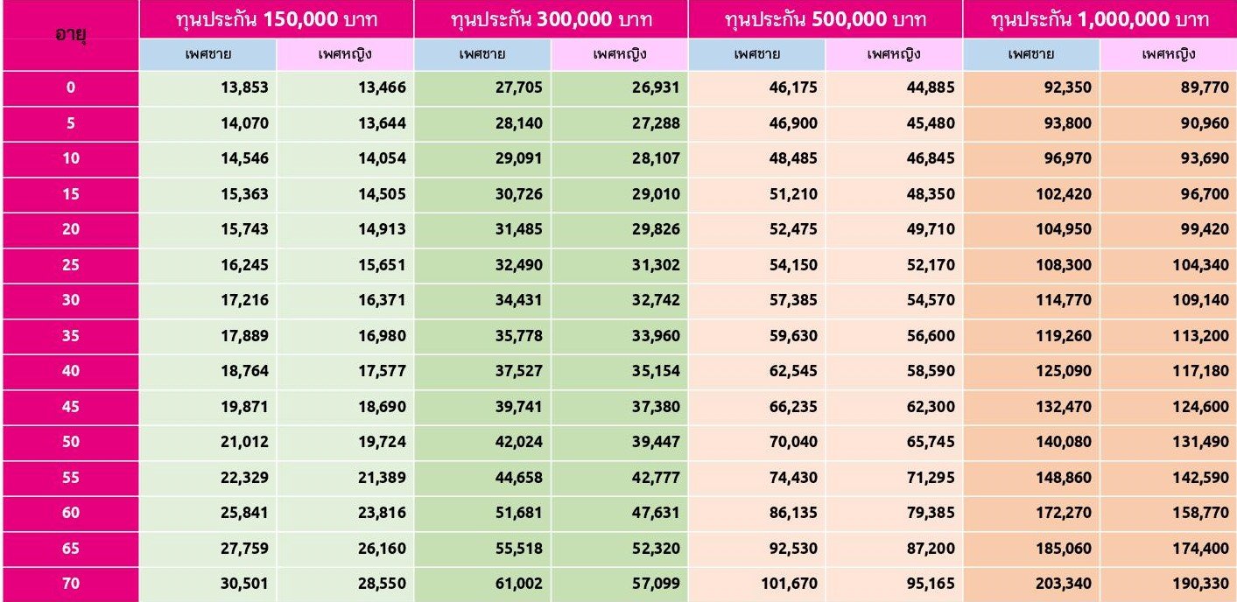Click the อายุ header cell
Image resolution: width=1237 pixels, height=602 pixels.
[69, 36]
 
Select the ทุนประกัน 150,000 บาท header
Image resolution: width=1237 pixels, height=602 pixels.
[276, 19]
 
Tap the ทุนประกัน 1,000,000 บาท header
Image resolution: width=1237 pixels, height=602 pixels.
[1100, 19]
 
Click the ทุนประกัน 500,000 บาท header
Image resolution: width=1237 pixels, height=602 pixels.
[825, 19]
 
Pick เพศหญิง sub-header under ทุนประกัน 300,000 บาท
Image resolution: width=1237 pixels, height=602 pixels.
[619, 55]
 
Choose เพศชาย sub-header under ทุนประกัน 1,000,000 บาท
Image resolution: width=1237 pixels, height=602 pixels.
[1030, 55]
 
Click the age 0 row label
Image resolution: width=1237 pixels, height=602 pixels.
[69, 87]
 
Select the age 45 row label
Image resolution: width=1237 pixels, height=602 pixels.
[69, 406]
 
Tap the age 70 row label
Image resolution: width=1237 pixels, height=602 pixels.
[69, 584]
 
